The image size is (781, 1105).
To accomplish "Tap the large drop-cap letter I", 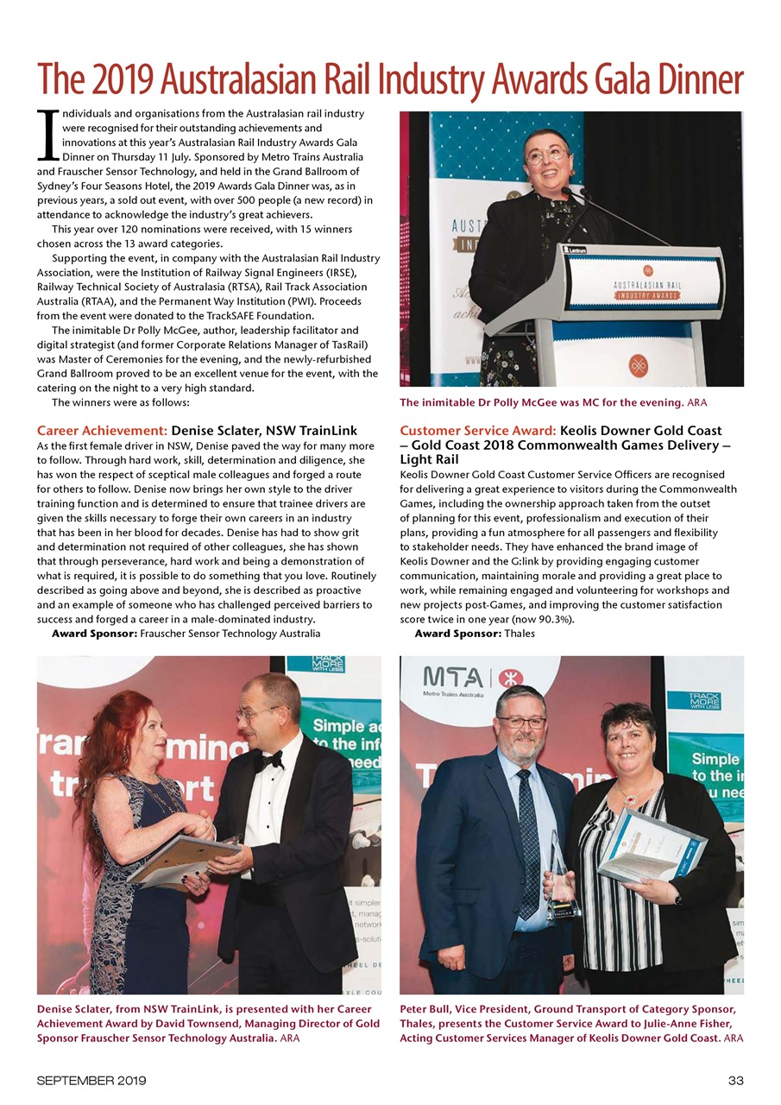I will pos(47,138).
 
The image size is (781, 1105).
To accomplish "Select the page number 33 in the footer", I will pos(735,1080).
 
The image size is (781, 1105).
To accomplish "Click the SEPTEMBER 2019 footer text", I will pos(91,1080).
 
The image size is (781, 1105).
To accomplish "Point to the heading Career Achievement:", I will pos(102,430).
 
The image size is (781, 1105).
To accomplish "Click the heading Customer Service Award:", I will pos(478,430).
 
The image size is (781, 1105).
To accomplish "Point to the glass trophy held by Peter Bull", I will pos(562,881).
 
